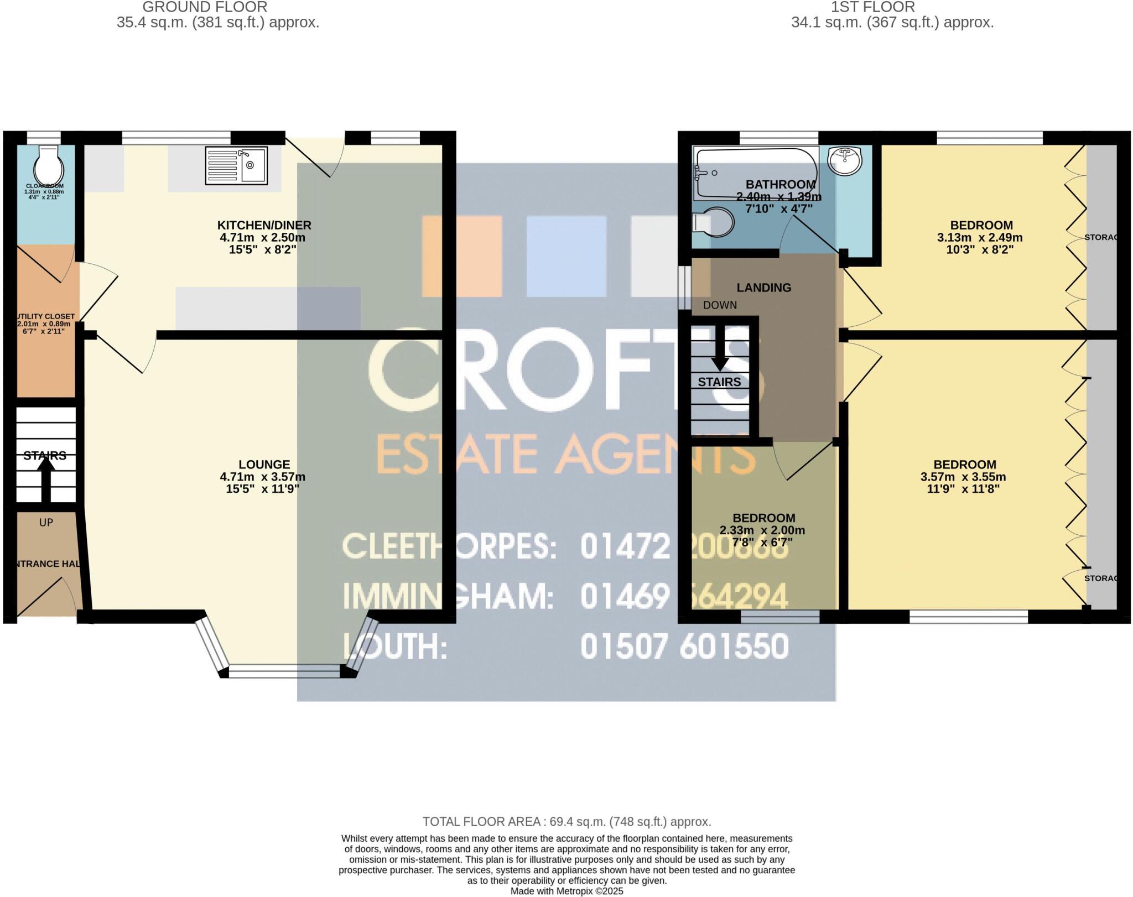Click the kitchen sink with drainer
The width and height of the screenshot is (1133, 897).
click(x=236, y=165)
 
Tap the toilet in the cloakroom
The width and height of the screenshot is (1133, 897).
click(x=45, y=164)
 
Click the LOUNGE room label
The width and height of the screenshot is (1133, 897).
click(x=264, y=465)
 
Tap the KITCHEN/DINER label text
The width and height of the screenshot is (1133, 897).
click(x=264, y=225)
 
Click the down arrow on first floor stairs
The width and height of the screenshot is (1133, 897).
click(x=720, y=348)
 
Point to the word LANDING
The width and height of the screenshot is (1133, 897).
click(x=763, y=288)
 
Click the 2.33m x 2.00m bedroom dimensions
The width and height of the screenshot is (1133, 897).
click(x=762, y=530)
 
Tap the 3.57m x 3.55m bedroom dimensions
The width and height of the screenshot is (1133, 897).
click(x=963, y=477)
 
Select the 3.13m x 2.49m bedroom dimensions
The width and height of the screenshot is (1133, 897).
click(x=979, y=238)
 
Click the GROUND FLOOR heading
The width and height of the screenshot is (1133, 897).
click(x=205, y=7)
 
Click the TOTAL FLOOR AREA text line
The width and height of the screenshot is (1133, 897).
click(x=566, y=822)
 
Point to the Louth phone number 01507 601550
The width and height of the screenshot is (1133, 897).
click(x=684, y=646)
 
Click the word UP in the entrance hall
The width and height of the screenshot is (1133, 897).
click(x=46, y=523)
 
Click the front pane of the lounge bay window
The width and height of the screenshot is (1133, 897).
click(x=284, y=671)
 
